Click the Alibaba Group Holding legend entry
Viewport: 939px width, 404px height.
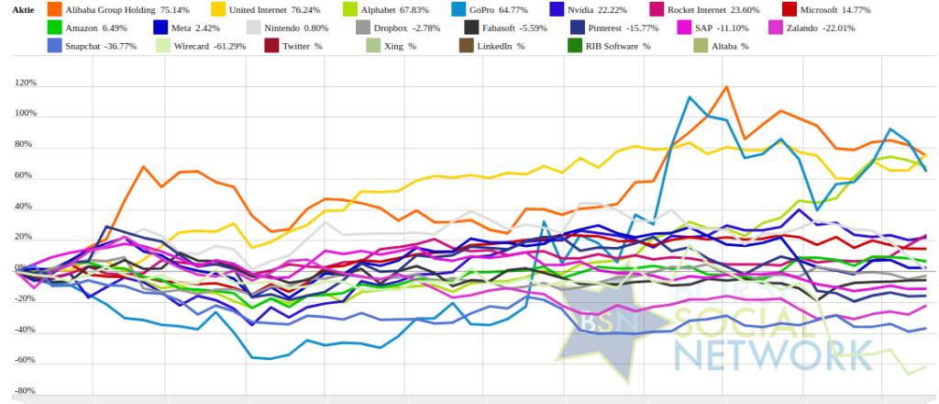tap(110, 9)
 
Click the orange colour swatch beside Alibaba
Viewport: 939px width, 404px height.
tap(53, 9)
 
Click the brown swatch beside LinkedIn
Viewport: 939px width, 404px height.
tap(468, 45)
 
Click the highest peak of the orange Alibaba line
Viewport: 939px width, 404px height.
tap(725, 87)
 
